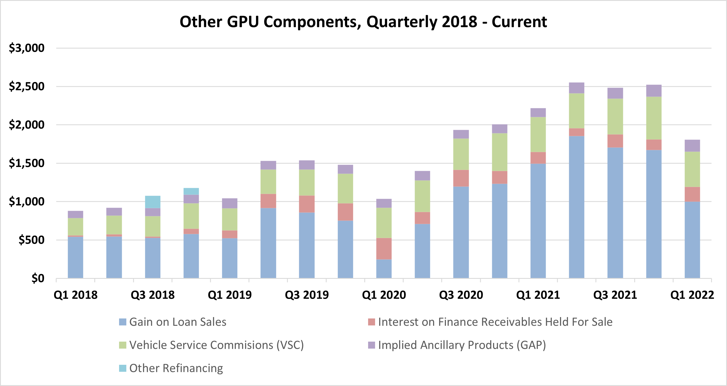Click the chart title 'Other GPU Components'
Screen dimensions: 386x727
click(363, 22)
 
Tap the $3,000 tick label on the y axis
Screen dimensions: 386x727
click(26, 48)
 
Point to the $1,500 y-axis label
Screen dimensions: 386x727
click(26, 163)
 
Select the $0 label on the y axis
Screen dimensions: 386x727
click(38, 279)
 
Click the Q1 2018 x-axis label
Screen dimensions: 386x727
click(75, 295)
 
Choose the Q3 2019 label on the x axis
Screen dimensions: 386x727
click(307, 295)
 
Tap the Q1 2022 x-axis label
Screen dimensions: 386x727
click(692, 295)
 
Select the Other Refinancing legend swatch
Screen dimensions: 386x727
click(123, 368)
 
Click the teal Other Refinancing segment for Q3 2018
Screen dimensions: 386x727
click(153, 202)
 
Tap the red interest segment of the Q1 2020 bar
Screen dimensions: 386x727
click(384, 248)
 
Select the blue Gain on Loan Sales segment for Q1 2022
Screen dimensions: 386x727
click(692, 240)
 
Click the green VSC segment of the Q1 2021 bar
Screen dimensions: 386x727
click(538, 135)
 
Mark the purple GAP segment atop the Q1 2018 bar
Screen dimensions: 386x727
click(75, 214)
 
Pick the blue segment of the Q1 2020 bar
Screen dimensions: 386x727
click(384, 269)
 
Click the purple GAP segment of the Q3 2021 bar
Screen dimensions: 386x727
click(615, 93)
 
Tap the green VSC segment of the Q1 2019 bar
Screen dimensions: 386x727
click(230, 219)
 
